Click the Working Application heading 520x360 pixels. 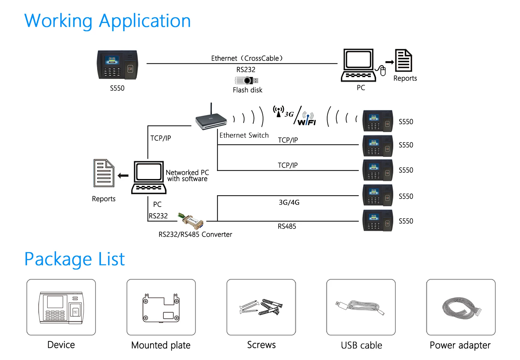click(108, 21)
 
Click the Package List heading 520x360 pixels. click(75, 259)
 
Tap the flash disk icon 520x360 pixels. click(246, 80)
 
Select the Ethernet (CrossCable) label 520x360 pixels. click(247, 58)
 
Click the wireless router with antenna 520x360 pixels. click(211, 120)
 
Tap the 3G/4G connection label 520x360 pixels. click(289, 202)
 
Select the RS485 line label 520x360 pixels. click(287, 226)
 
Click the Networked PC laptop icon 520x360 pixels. click(149, 177)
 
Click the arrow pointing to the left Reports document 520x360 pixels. click(123, 175)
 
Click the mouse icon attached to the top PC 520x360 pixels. click(382, 71)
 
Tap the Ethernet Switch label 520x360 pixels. click(244, 135)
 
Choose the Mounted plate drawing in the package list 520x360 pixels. click(161, 308)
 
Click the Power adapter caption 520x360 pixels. click(460, 345)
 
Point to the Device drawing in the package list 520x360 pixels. click(61, 307)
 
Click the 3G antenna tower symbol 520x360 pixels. click(279, 111)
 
